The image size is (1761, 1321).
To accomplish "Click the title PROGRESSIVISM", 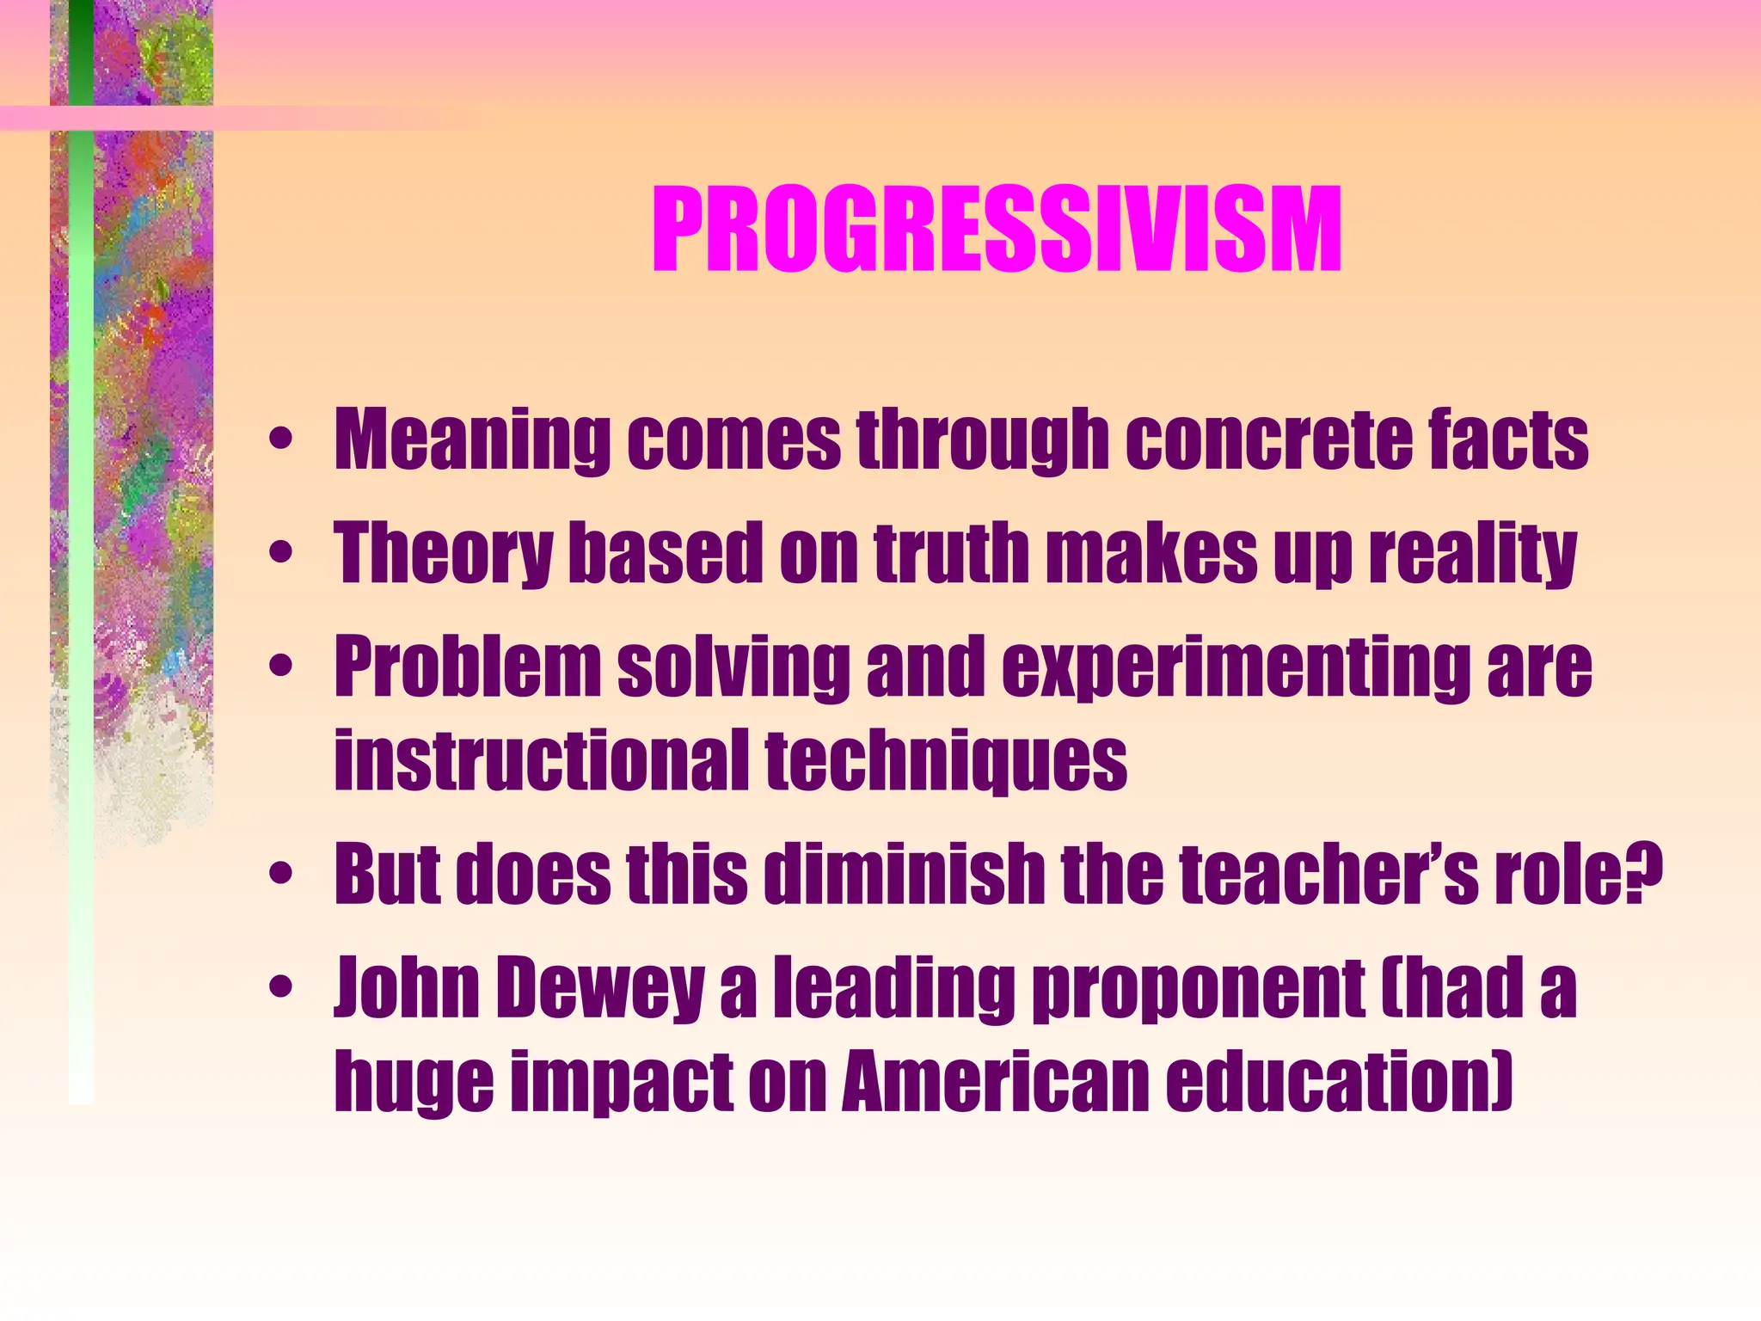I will tap(997, 230).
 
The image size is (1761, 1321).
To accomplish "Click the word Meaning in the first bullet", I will tap(471, 440).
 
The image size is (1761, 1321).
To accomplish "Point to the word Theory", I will tap(444, 555).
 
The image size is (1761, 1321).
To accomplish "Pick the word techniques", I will tap(946, 761).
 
